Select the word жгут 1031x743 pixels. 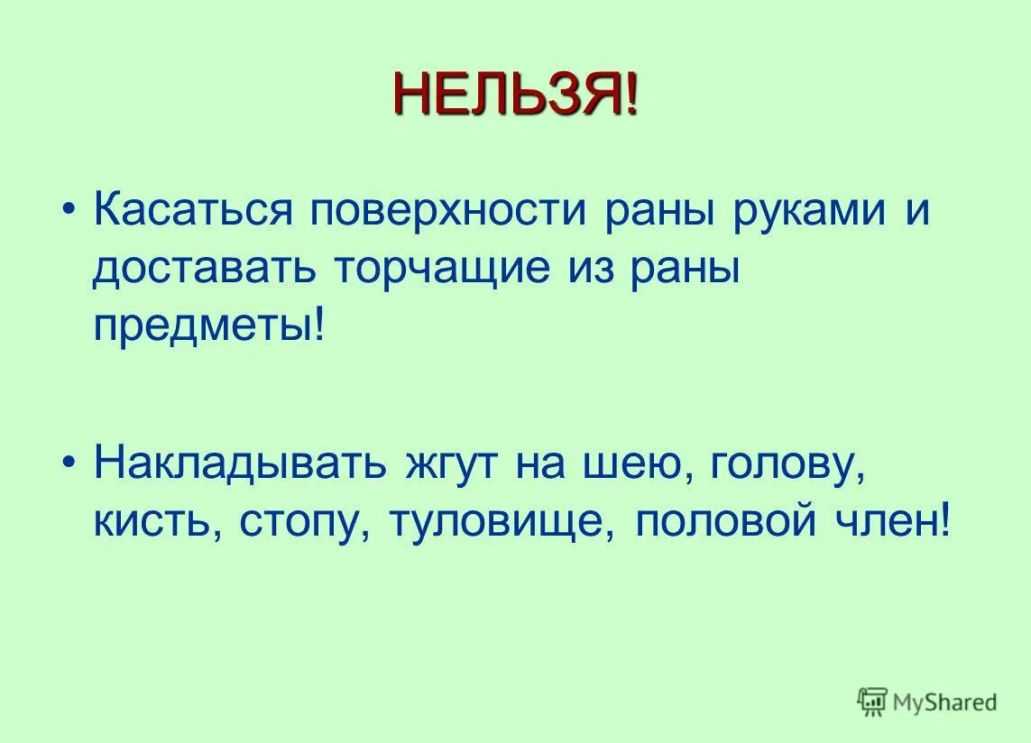453,466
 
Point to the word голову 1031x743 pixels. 782,466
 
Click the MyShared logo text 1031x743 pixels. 945,702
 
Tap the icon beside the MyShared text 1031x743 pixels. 873,701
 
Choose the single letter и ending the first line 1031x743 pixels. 916,214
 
